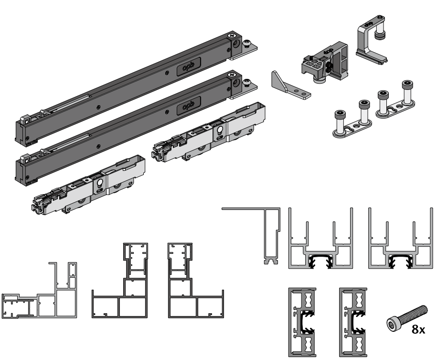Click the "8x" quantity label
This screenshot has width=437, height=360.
tap(418, 329)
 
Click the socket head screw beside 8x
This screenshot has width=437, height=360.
tap(406, 318)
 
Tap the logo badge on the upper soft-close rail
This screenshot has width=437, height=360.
tap(189, 67)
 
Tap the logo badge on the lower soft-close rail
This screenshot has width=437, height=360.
tap(189, 106)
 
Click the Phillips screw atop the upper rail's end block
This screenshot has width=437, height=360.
tap(232, 36)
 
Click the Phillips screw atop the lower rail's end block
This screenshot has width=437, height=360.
tap(232, 75)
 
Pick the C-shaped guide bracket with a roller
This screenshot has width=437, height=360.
tap(371, 39)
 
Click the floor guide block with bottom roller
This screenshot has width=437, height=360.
tap(325, 63)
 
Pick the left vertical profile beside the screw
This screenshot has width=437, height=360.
tap(302, 322)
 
